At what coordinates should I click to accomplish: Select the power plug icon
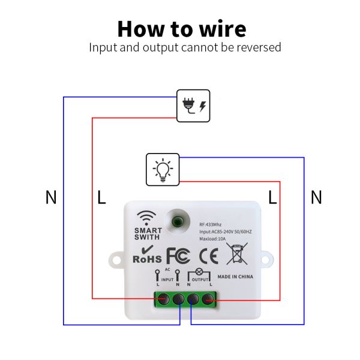click(x=194, y=106)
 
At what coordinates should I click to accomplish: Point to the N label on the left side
click(x=51, y=197)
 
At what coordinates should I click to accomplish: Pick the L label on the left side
click(x=101, y=197)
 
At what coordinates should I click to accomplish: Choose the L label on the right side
click(x=273, y=197)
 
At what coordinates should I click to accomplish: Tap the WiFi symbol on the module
click(x=147, y=217)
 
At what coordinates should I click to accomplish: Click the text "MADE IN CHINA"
click(x=236, y=277)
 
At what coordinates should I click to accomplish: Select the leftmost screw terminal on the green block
click(x=163, y=298)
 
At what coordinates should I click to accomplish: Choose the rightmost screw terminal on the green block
click(x=208, y=298)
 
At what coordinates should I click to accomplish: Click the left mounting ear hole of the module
click(x=116, y=260)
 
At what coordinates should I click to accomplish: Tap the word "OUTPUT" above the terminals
click(x=200, y=280)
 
